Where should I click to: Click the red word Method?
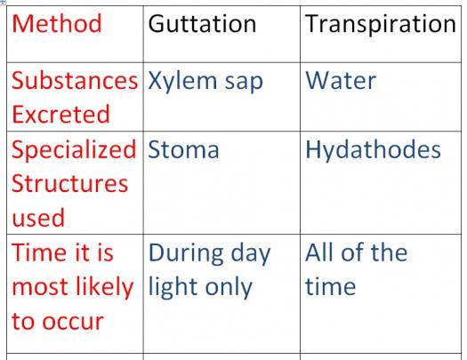pyautogui.click(x=57, y=23)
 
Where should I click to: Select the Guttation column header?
pyautogui.click(x=202, y=24)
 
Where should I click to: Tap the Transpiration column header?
pyautogui.click(x=381, y=25)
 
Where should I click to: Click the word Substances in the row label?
pyautogui.click(x=75, y=81)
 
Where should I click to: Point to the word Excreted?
pyautogui.click(x=61, y=115)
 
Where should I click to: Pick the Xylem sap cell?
pyautogui.click(x=205, y=82)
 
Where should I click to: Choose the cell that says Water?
pyautogui.click(x=341, y=81)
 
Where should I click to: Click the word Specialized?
pyautogui.click(x=74, y=150)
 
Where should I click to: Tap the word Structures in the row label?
pyautogui.click(x=70, y=184)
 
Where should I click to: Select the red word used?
pyautogui.click(x=38, y=218)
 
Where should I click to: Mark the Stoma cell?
pyautogui.click(x=183, y=149)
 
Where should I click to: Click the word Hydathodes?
pyautogui.click(x=374, y=150)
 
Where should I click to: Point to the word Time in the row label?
pyautogui.click(x=40, y=252)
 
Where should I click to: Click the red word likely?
pyautogui.click(x=105, y=287)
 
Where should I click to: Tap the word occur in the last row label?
pyautogui.click(x=73, y=322)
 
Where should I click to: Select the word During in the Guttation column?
pyautogui.click(x=186, y=253)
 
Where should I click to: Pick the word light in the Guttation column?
pyautogui.click(x=173, y=288)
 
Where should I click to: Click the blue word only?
pyautogui.click(x=229, y=288)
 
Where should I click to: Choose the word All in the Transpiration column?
pyautogui.click(x=319, y=252)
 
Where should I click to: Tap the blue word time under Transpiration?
pyautogui.click(x=331, y=286)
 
